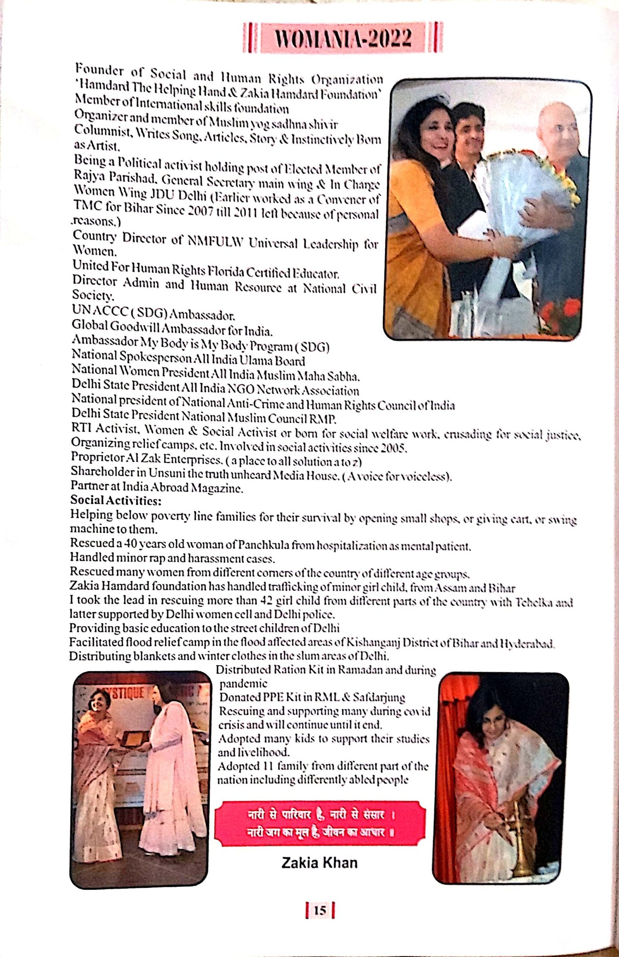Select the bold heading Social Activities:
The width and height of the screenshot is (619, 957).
coord(116,501)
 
